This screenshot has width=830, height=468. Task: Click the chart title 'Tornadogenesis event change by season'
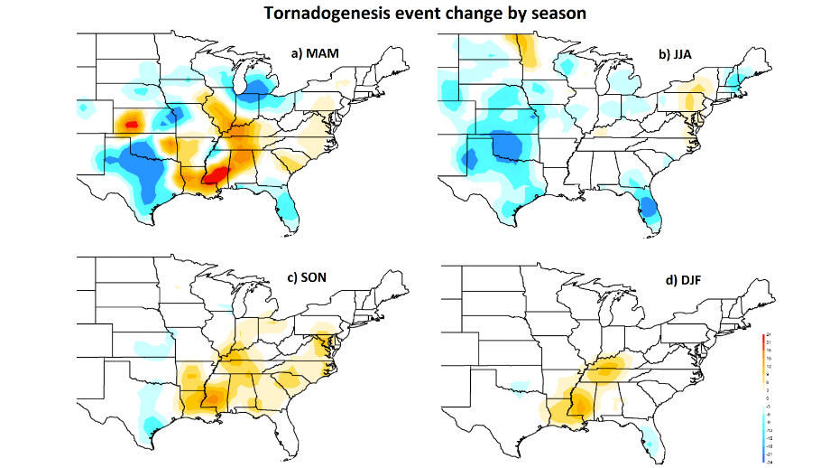(x=413, y=14)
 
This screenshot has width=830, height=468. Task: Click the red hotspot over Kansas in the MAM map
(x=132, y=123)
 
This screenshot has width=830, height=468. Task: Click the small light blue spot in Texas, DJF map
(x=518, y=389)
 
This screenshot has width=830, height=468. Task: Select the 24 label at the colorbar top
(x=767, y=336)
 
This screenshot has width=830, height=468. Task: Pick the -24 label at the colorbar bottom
(x=767, y=460)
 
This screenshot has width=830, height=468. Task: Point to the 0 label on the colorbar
(x=767, y=398)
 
